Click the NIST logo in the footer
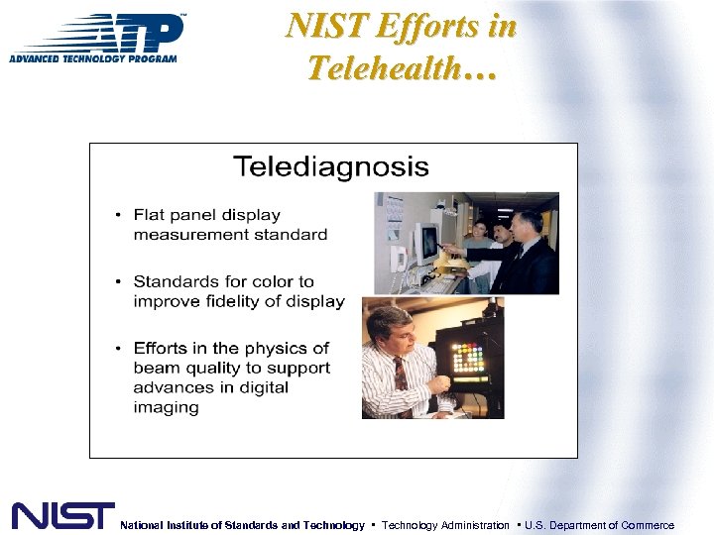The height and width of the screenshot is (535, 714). (62, 515)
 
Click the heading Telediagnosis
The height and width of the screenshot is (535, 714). (331, 165)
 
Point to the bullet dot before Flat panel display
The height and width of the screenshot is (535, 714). (119, 216)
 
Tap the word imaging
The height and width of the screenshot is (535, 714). (166, 407)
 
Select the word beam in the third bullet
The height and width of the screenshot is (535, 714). (156, 368)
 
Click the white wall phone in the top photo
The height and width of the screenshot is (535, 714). (399, 260)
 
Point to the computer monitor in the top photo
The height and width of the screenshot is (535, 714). (427, 242)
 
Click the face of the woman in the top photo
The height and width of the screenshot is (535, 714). (481, 230)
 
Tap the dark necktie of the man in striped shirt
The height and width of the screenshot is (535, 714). (400, 374)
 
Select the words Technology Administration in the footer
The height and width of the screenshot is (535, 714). (444, 525)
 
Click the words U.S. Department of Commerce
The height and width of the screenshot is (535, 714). (599, 525)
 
